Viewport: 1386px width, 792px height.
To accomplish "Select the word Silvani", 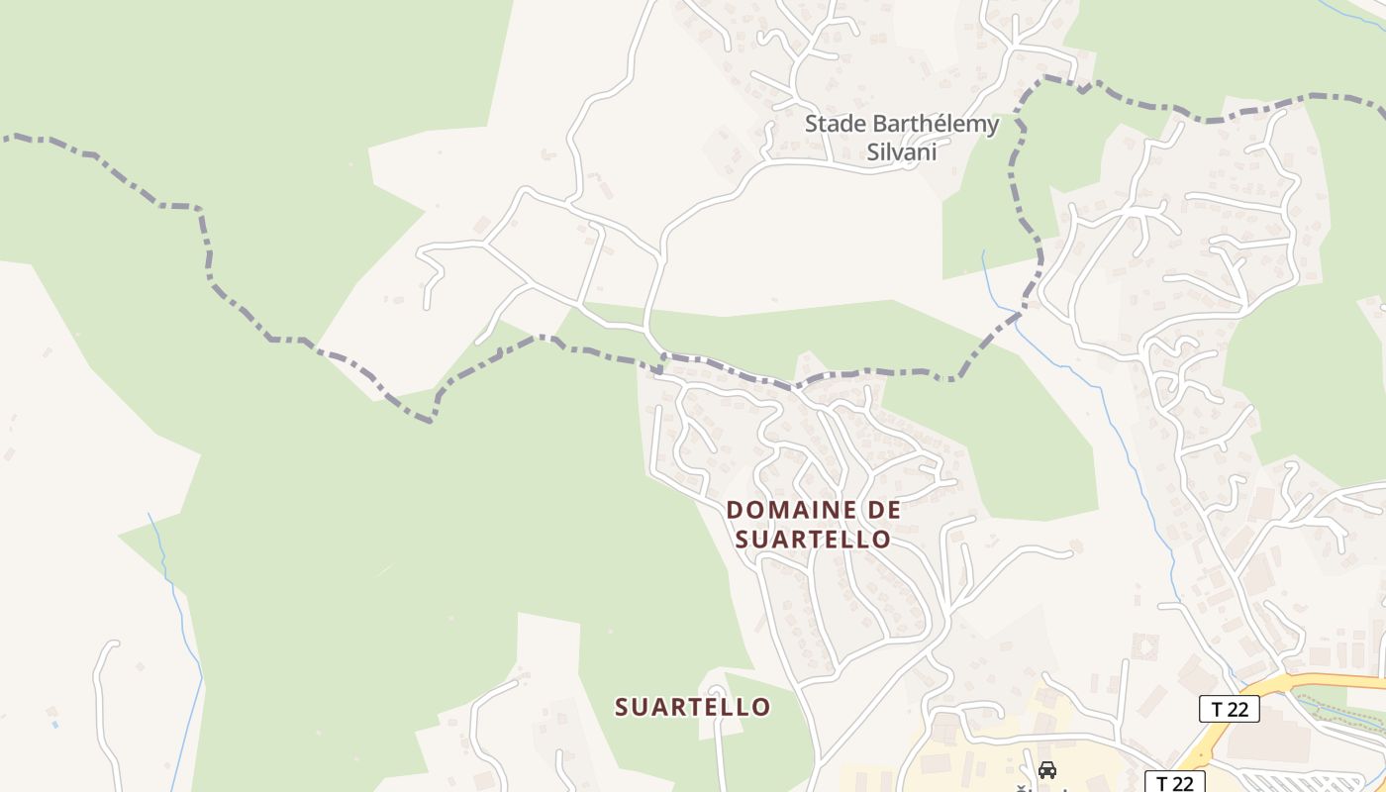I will [x=901, y=152].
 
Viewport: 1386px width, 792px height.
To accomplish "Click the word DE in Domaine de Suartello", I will [x=883, y=510].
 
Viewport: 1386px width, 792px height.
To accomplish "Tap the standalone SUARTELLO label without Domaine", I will [x=692, y=707].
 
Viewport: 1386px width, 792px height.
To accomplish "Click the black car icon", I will [x=1046, y=769].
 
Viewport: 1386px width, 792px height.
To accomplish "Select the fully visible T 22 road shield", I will [x=1229, y=708].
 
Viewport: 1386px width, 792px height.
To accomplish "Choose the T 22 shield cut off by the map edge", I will [x=1175, y=783].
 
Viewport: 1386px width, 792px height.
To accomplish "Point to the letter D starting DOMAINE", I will [x=735, y=510].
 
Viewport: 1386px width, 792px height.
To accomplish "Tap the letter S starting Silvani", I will [x=873, y=152].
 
